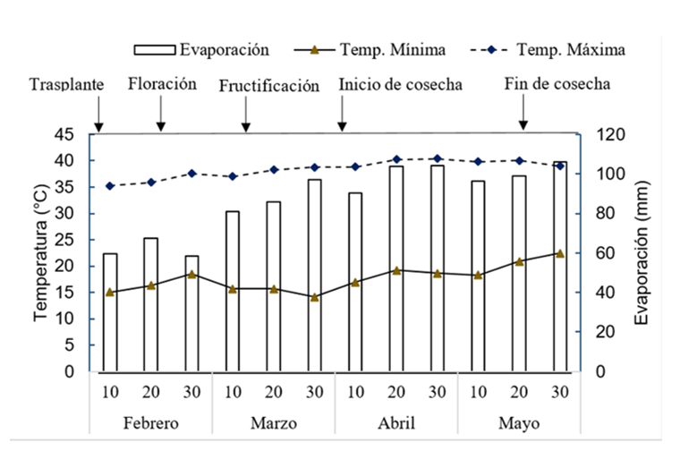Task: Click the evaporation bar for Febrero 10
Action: tap(110, 311)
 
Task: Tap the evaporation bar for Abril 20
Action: tap(396, 268)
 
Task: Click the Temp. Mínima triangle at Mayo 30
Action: tap(560, 253)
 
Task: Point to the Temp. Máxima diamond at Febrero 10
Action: tap(110, 186)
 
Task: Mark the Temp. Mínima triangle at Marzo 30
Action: tap(314, 297)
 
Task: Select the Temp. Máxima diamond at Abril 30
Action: tap(438, 158)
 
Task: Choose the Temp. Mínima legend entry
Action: tap(375, 48)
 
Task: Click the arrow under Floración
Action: tap(161, 118)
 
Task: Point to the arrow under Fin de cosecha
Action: tap(523, 118)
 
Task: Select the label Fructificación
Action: tap(268, 86)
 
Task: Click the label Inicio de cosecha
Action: tap(400, 84)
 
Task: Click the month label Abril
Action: tap(395, 421)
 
